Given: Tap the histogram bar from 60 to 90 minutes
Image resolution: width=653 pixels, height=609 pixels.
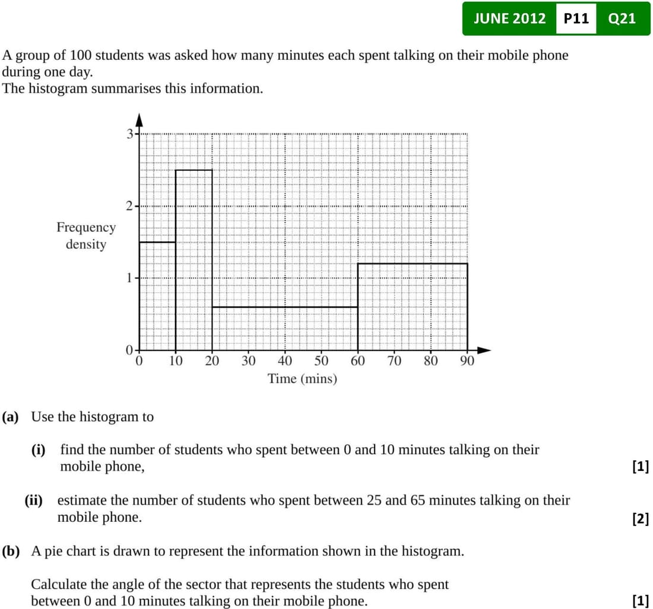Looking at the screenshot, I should tap(412, 306).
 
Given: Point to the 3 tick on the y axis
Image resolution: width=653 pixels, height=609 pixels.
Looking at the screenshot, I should tap(130, 133).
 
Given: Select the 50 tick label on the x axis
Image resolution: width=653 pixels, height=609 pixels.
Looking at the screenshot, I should tap(321, 361).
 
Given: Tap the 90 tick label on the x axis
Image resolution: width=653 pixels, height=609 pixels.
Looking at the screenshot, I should tap(467, 361).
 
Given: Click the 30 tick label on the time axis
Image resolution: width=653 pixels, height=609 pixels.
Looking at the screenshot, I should tap(248, 361).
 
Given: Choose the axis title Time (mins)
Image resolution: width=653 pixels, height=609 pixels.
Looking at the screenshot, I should tap(302, 378).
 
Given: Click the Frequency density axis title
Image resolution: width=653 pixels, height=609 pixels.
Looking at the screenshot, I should tap(86, 235).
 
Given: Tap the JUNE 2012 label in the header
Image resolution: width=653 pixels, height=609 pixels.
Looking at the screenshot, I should tap(509, 18).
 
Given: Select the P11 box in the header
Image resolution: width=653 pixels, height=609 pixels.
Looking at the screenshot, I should tap(576, 18).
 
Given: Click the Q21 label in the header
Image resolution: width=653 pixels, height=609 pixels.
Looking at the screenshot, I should tap(622, 18).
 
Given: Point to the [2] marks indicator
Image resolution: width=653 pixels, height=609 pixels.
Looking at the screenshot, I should tap(641, 519).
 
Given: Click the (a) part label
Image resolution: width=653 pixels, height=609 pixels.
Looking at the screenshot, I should tap(11, 417).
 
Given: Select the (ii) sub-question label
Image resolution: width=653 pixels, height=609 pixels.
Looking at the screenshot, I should tap(33, 500).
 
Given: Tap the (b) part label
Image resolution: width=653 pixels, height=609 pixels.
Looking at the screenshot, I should tap(11, 551).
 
